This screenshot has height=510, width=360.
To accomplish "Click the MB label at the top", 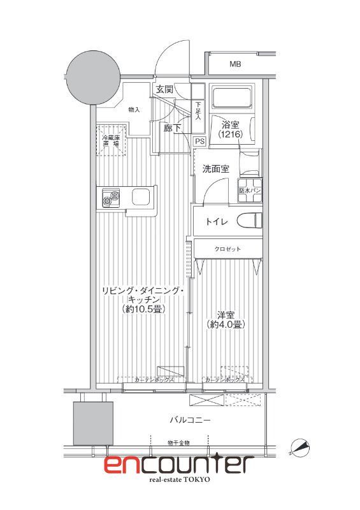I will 235,64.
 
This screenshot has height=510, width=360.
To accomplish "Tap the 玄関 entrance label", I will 164,90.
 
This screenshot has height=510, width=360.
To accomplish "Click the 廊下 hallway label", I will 173,127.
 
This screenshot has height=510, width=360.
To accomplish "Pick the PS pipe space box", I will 199,142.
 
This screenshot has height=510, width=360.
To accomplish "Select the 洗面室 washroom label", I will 215,169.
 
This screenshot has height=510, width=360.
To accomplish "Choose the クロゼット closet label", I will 227,249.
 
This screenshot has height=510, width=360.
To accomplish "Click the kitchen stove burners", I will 106,198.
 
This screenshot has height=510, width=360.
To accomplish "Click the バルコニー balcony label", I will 190,420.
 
